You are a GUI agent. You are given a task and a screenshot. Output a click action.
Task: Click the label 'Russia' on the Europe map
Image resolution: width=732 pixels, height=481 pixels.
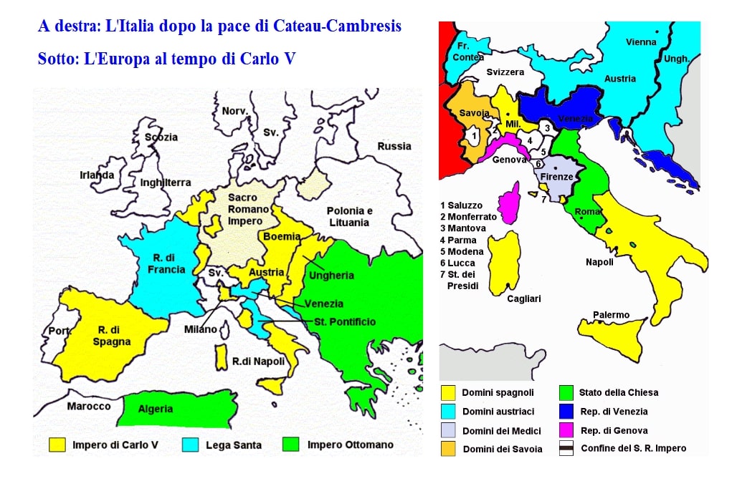click(x=394, y=146)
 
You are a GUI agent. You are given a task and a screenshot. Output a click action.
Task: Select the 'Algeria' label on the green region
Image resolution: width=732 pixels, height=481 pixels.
click(x=156, y=409)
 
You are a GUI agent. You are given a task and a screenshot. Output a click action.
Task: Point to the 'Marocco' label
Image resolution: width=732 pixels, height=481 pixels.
click(x=89, y=406)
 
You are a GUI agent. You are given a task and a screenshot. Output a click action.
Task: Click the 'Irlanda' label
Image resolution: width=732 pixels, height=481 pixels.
click(x=97, y=175)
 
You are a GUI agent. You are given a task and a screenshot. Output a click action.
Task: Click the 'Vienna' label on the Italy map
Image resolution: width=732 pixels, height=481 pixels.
click(x=641, y=42)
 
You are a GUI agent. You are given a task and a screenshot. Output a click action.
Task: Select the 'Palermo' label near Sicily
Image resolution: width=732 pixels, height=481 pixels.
click(x=611, y=315)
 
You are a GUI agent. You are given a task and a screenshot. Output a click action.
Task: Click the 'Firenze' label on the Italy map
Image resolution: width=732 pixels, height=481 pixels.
click(x=556, y=176)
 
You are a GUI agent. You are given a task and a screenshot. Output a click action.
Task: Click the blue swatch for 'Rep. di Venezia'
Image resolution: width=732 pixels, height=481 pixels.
click(x=566, y=411)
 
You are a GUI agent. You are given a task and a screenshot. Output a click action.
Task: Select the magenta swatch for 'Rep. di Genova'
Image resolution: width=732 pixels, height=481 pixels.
click(x=566, y=430)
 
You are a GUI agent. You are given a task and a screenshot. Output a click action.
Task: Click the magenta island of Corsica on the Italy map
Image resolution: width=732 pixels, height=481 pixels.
click(x=511, y=203)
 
